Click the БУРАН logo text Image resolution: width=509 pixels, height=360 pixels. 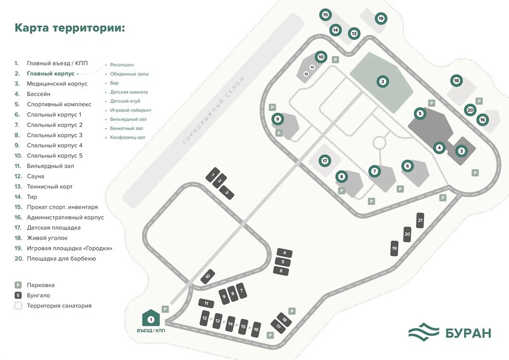click(468, 333)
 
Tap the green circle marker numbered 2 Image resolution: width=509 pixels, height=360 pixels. click(383, 81)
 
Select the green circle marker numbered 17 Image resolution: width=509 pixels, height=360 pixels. click(324, 160)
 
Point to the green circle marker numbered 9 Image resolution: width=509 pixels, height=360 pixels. click(278, 119)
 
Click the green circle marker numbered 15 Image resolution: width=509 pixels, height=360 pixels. click(325, 14)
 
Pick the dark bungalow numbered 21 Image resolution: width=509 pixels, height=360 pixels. click(420, 221)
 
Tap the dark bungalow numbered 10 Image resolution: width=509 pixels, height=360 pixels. click(208, 276)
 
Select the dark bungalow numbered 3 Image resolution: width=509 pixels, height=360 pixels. click(227, 193)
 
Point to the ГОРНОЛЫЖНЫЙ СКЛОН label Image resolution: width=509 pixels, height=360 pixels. click(213, 111)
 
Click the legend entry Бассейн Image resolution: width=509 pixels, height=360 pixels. click(39, 94)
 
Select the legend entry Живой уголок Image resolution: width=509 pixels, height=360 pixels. click(47, 238)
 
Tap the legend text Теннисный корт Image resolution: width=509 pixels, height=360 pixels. click(50, 187)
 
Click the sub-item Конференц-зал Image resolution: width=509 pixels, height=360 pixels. click(128, 137)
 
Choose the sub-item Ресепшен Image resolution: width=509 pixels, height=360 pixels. click(122, 65)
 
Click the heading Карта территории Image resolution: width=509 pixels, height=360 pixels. click(70, 28)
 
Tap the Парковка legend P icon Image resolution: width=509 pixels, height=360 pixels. click(18, 285)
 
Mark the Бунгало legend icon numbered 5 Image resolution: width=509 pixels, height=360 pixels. click(18, 295)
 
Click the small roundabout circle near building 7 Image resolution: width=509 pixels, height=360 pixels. click(379, 142)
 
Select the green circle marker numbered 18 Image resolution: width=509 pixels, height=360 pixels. click(457, 81)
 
